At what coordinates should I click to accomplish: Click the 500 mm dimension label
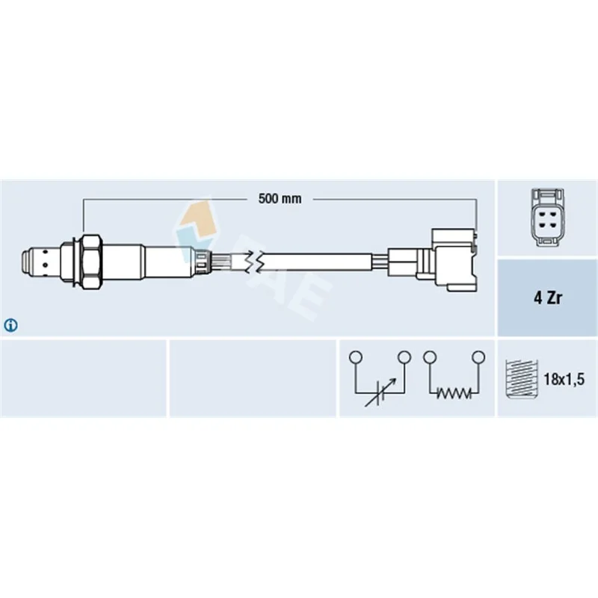[280, 199]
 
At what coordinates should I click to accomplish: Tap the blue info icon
[10, 325]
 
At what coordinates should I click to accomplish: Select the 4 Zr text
[548, 298]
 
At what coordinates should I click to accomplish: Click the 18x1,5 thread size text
[564, 379]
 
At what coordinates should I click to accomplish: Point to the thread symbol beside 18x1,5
[521, 379]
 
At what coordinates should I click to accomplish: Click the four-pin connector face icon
[548, 218]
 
